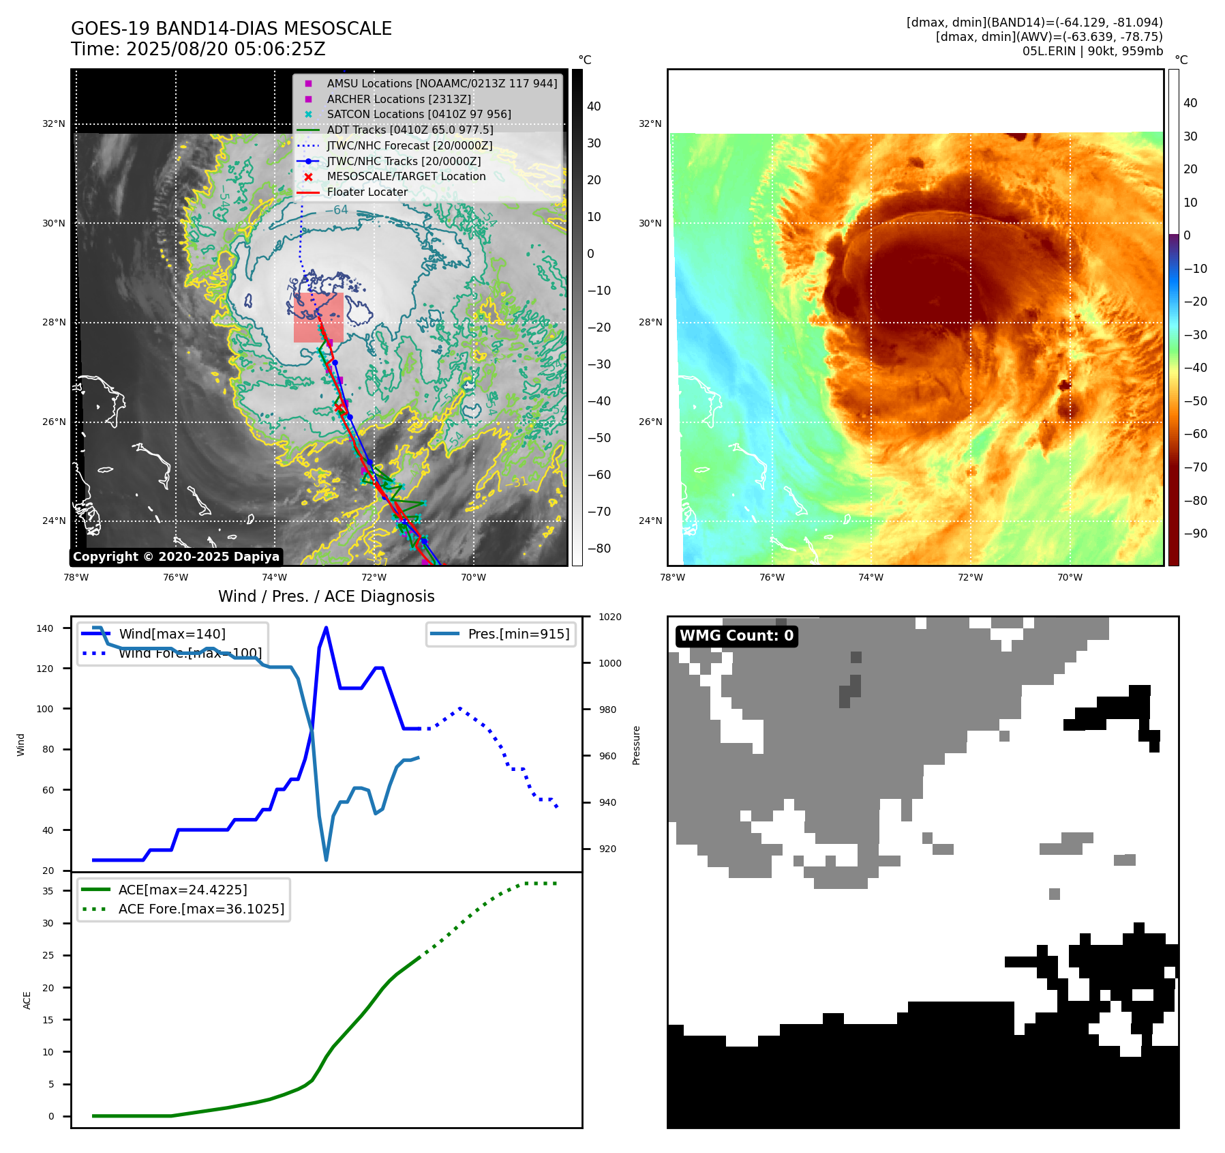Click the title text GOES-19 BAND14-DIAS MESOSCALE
tap(231, 29)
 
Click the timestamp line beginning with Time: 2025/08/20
tap(198, 49)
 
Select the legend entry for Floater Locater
tap(367, 192)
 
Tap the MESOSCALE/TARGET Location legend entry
tap(406, 177)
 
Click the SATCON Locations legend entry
tap(419, 115)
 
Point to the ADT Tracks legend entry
tap(410, 130)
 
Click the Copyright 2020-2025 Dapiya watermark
tap(176, 557)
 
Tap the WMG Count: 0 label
tap(736, 636)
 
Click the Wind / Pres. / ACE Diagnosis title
tap(326, 596)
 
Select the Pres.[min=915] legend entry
tap(518, 634)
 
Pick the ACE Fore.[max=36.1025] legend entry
tap(201, 909)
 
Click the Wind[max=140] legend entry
tap(172, 634)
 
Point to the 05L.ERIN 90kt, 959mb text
tap(1092, 51)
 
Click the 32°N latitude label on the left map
tap(54, 124)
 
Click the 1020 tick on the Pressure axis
tap(610, 617)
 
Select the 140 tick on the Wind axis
tap(45, 628)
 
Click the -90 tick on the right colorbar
tap(1195, 534)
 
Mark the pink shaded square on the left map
tap(318, 318)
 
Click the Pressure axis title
tap(636, 745)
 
